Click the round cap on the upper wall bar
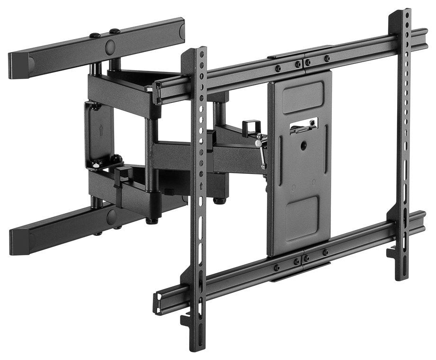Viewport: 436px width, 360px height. (x=110, y=46)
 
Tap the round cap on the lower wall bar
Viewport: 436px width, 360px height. (x=112, y=217)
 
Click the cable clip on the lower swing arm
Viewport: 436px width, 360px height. (x=122, y=176)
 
